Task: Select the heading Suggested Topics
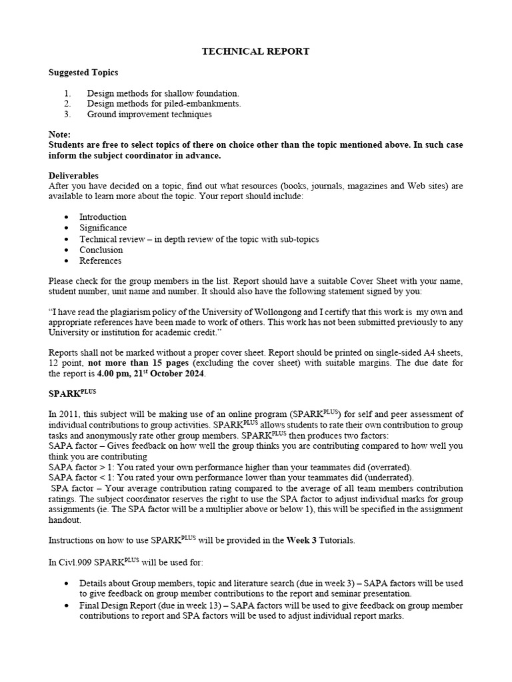84,72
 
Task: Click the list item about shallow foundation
163,93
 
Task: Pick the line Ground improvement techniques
149,115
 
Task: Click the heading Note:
60,135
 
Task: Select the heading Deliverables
73,176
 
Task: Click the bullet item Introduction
103,217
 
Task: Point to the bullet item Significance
103,228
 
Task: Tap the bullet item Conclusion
101,250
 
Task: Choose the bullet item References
101,260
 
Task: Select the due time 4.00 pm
114,374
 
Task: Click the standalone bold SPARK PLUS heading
72,393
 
